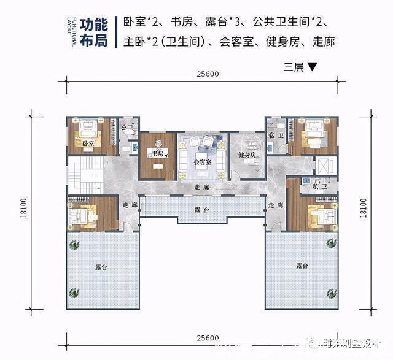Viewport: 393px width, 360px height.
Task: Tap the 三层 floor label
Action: coord(294,67)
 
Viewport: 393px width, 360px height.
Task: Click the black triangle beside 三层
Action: coord(312,67)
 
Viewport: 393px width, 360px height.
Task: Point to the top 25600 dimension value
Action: coord(208,74)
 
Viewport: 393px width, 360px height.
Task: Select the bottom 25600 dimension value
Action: coord(208,339)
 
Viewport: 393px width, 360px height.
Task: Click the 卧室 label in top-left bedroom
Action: coord(87,144)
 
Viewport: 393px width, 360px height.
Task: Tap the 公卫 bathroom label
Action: coord(127,128)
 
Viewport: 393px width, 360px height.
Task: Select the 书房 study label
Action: coord(158,153)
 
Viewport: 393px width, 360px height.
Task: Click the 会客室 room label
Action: coord(202,163)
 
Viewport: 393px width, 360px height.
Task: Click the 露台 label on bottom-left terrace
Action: coord(102,267)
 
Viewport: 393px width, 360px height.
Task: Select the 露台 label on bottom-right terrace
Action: coord(302,266)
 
